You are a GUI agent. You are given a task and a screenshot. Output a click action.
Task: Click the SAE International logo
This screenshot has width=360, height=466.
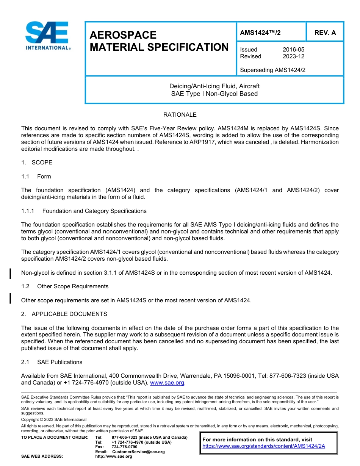pyautogui.click(x=47, y=36)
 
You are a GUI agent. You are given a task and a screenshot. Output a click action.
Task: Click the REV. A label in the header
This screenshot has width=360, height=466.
pyautogui.click(x=325, y=33)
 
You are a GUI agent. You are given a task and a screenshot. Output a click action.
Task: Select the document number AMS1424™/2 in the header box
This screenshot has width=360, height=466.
pyautogui.click(x=260, y=33)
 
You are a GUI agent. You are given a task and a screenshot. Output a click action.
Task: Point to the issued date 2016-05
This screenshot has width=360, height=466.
pyautogui.click(x=293, y=50)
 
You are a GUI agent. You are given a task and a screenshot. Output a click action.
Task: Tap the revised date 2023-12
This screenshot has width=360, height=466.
pyautogui.click(x=293, y=56)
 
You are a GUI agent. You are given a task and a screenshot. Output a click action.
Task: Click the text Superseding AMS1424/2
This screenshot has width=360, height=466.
pyautogui.click(x=272, y=70)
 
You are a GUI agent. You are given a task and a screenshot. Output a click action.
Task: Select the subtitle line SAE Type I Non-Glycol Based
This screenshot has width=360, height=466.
pyautogui.click(x=214, y=94)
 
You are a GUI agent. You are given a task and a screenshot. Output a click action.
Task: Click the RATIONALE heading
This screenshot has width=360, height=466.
pyautogui.click(x=180, y=115)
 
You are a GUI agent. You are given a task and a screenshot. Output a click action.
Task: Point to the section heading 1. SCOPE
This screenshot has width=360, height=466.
pyautogui.click(x=37, y=163)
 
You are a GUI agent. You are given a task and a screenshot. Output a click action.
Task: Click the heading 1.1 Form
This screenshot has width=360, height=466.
pyautogui.click(x=36, y=177)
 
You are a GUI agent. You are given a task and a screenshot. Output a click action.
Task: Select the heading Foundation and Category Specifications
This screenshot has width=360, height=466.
pyautogui.click(x=94, y=211)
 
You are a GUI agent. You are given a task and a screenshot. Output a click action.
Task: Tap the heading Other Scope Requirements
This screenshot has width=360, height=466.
pyautogui.click(x=72, y=286)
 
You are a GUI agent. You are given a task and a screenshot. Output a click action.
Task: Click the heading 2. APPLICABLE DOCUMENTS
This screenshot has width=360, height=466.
pyautogui.click(x=64, y=314)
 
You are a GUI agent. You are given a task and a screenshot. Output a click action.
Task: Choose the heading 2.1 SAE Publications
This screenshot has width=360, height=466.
pyautogui.click(x=52, y=362)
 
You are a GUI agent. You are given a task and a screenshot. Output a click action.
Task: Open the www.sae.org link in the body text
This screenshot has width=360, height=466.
pyautogui.click(x=167, y=383)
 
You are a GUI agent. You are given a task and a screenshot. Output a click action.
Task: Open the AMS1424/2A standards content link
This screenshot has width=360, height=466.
pyautogui.click(x=264, y=446)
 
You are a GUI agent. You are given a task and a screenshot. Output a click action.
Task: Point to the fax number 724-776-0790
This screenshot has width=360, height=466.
pyautogui.click(x=125, y=447)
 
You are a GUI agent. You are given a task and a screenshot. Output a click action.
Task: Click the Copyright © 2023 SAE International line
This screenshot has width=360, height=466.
pyautogui.click(x=54, y=419)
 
